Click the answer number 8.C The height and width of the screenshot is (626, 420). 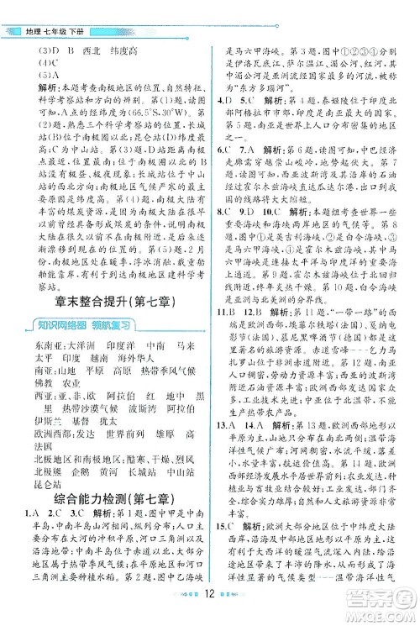(224, 213)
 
